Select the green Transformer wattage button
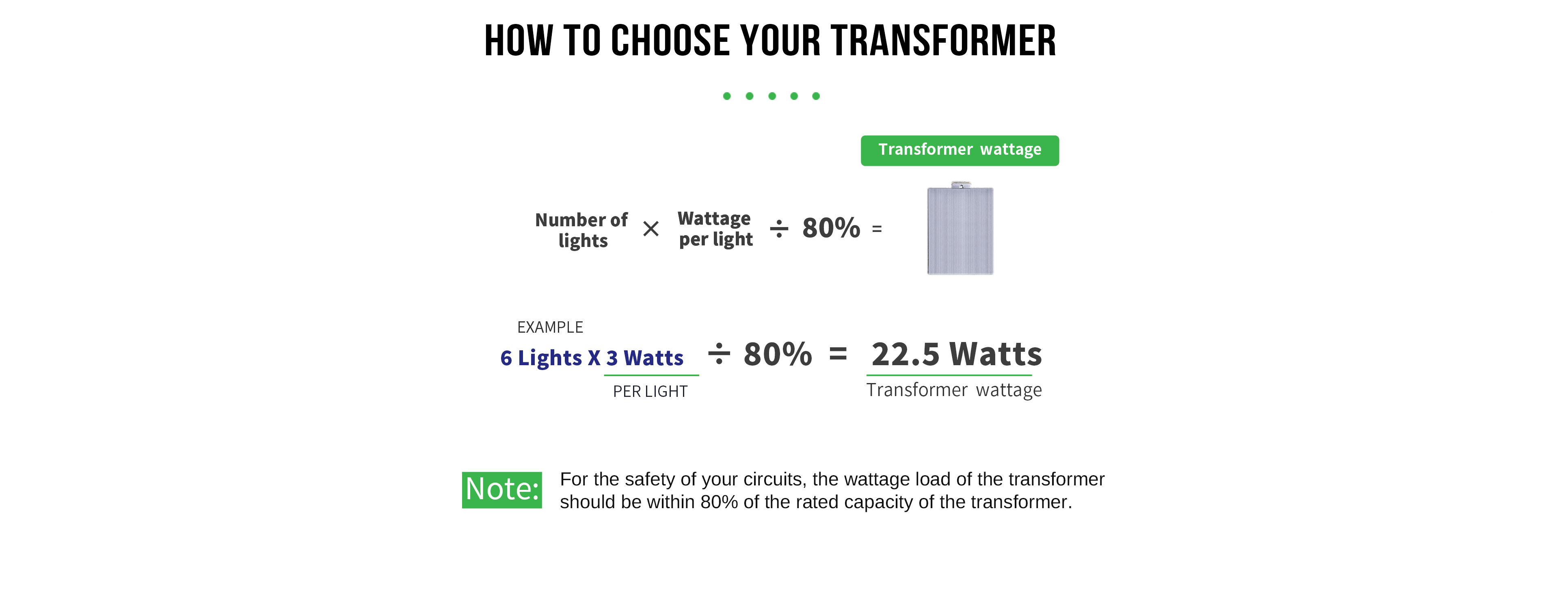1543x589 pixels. [960, 150]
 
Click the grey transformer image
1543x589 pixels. [960, 228]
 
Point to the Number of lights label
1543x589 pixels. [581, 230]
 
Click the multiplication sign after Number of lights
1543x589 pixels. [650, 229]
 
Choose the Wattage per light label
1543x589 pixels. [715, 229]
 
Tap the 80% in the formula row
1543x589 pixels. [831, 228]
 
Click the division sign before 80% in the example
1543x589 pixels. [719, 353]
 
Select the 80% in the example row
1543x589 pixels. [778, 354]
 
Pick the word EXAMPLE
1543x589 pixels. [550, 327]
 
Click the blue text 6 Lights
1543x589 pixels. [541, 358]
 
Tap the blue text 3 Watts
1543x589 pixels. [644, 358]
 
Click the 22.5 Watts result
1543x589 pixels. [957, 354]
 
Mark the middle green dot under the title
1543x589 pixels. [772, 96]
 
